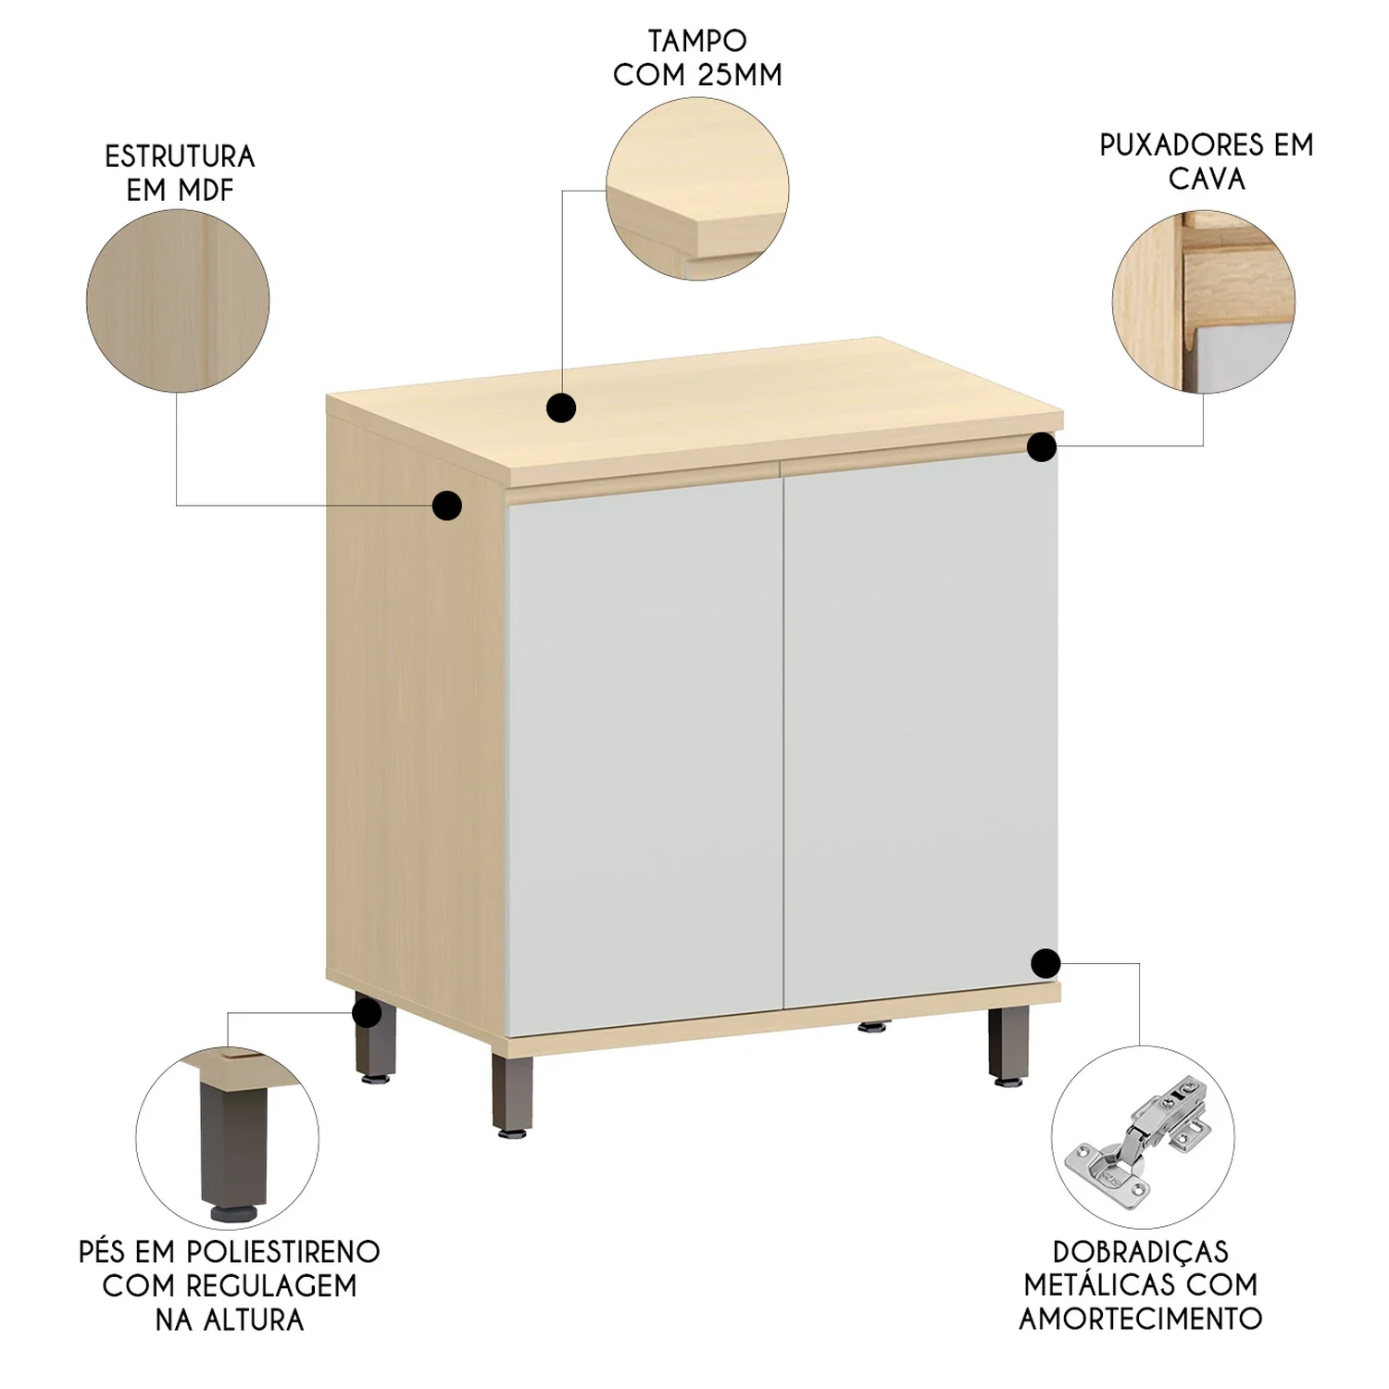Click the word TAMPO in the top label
point(697,42)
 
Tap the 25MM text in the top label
point(740,75)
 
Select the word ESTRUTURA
point(180,156)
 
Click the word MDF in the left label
point(206,191)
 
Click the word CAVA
point(1206,179)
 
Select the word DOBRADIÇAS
point(1140,1252)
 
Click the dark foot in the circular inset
point(226,1148)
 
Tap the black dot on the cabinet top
point(561,407)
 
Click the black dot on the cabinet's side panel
point(447,505)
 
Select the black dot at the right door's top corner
point(1043,447)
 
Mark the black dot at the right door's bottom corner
point(1045,963)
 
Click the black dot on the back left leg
point(367,1012)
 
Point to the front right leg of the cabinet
point(1007,1046)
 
